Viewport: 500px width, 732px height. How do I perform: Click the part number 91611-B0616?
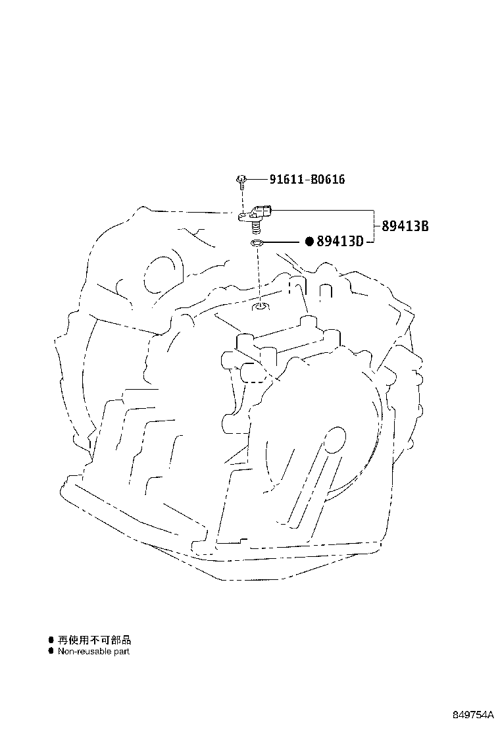[307, 179]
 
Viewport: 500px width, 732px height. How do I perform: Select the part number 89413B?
[405, 226]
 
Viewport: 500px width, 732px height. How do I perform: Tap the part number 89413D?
[339, 242]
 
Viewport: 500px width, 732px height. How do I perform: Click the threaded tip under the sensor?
[255, 227]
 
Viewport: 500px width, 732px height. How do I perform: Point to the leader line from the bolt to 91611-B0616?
[257, 179]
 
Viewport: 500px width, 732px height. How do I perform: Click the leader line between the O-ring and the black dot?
[284, 242]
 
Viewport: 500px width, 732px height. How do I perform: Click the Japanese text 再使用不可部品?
[95, 640]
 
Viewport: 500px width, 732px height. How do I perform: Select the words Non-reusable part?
[93, 651]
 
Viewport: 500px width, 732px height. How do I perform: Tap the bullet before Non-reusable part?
[51, 651]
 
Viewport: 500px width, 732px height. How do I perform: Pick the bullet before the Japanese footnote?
[51, 640]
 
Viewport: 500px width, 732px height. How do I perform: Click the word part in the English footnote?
[121, 652]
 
